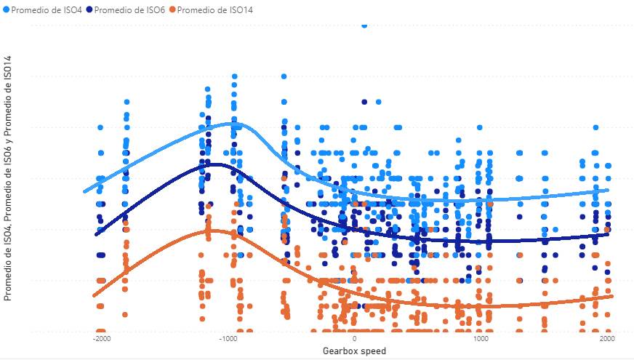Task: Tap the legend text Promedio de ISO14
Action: pos(212,9)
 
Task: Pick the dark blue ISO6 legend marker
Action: pos(89,9)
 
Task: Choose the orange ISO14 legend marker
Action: pos(172,9)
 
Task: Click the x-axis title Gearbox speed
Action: pos(354,351)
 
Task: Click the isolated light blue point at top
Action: pos(364,24)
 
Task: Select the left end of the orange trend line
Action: pos(94,295)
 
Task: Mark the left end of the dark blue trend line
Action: pos(97,234)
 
